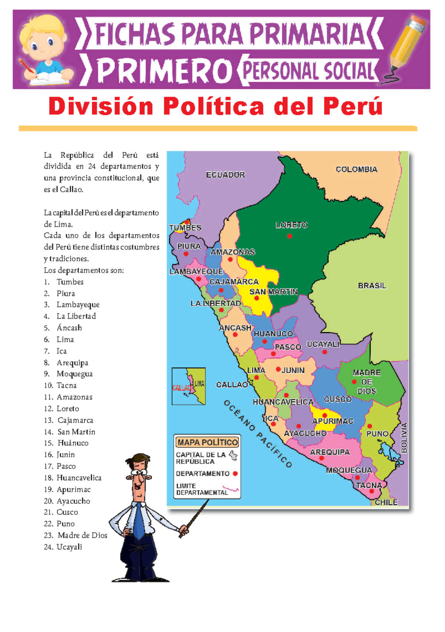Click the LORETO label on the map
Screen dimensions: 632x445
coord(291,225)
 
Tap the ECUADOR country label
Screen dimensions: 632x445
coord(225,175)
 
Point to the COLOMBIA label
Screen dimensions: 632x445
coord(356,169)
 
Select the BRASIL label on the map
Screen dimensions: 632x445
coord(372,285)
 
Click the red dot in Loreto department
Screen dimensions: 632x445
coord(290,236)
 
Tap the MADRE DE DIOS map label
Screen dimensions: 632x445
coord(366,382)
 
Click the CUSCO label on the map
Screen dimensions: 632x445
coord(337,399)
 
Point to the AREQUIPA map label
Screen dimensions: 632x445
coord(330,452)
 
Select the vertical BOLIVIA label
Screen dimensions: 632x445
coord(404,438)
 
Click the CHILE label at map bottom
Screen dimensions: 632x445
coord(386,502)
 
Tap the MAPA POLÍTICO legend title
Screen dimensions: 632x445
coord(208,442)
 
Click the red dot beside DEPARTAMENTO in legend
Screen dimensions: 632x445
coord(235,474)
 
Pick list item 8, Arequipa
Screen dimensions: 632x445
coord(72,362)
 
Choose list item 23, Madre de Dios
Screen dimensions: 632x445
coord(82,535)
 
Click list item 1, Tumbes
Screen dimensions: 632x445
coord(70,282)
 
